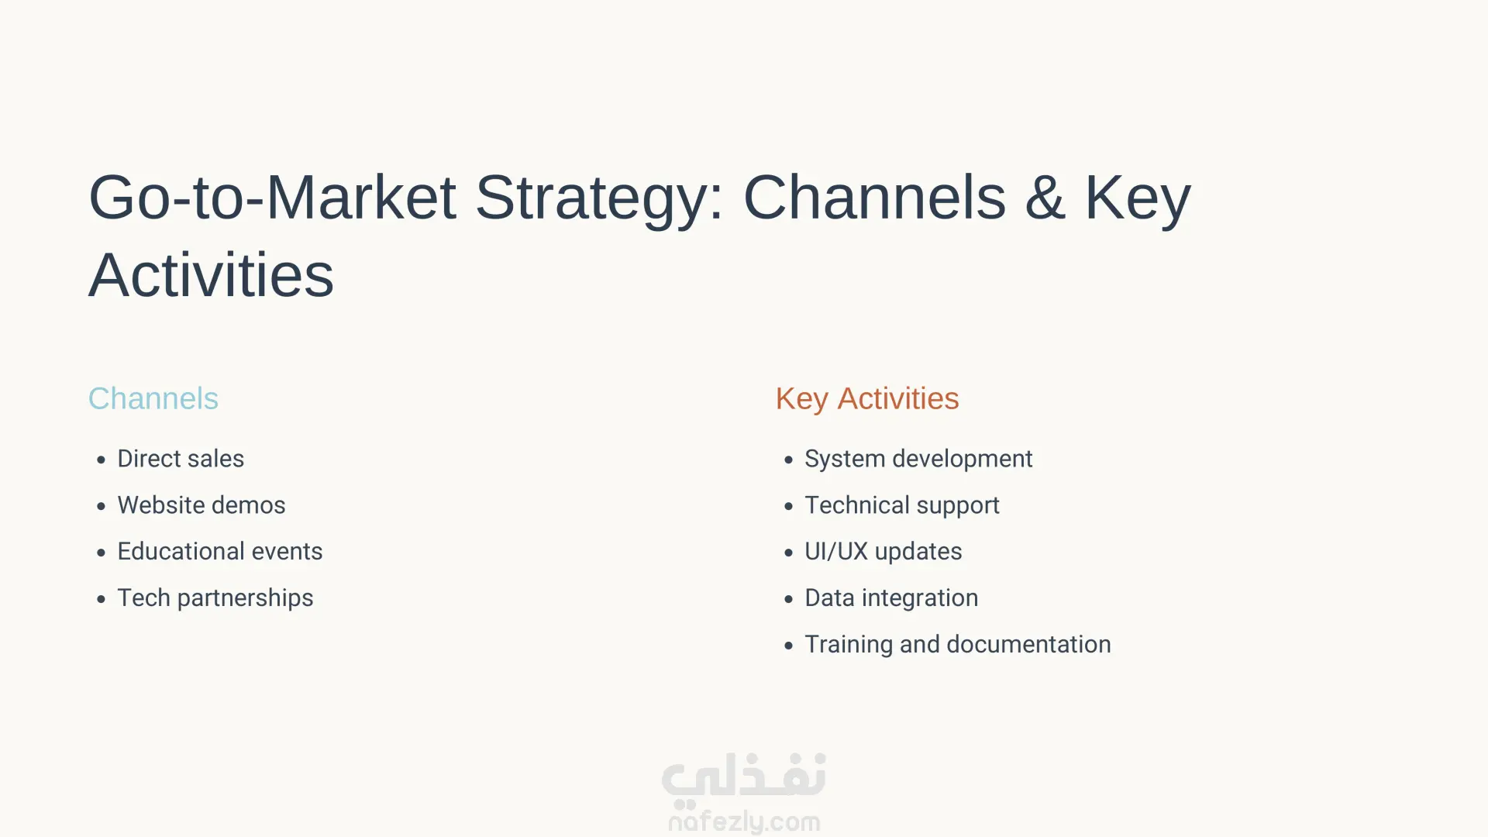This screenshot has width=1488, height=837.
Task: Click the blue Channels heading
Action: pyautogui.click(x=153, y=398)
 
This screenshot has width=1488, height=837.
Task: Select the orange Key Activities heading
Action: pyautogui.click(x=867, y=399)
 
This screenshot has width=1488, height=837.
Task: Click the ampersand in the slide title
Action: pyautogui.click(x=1045, y=198)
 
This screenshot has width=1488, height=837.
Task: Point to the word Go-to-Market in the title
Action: pyautogui.click(x=272, y=198)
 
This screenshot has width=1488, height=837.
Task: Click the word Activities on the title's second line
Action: pyautogui.click(x=211, y=275)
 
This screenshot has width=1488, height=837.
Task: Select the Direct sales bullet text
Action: pyautogui.click(x=181, y=459)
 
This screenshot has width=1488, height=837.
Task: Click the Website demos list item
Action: pyautogui.click(x=201, y=505)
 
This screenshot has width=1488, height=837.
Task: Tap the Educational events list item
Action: pyautogui.click(x=220, y=552)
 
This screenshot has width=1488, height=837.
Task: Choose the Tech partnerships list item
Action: pyautogui.click(x=215, y=598)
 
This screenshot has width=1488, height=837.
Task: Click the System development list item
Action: pyautogui.click(x=918, y=459)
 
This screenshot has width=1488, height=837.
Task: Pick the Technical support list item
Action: pyautogui.click(x=902, y=505)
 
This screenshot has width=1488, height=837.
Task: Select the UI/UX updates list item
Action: pyautogui.click(x=883, y=552)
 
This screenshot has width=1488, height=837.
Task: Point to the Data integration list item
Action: pyautogui.click(x=891, y=598)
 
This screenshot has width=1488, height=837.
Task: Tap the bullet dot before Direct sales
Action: pyautogui.click(x=101, y=460)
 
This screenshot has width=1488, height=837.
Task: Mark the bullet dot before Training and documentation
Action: pyautogui.click(x=788, y=646)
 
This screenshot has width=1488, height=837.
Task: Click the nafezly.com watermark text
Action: pyautogui.click(x=744, y=821)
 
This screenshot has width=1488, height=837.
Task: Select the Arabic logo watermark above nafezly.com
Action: pyautogui.click(x=744, y=777)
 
